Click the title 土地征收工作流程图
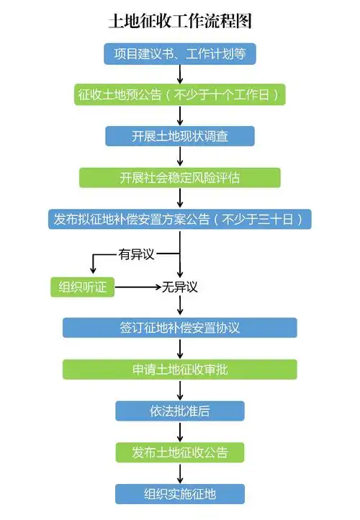[x=180, y=21]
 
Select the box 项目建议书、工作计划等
[x=180, y=53]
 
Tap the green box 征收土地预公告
[x=180, y=94]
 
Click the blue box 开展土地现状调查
[x=180, y=136]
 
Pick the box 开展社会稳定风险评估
[x=180, y=177]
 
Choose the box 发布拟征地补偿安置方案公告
[x=180, y=219]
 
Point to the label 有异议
[x=137, y=254]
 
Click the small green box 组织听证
[x=82, y=287]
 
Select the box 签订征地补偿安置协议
[x=180, y=328]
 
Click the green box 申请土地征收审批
[x=180, y=369]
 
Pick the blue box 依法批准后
[x=180, y=411]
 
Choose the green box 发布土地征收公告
[x=180, y=452]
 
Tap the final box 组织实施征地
[x=180, y=493]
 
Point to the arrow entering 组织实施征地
[x=180, y=473]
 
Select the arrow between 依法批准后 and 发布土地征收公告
[x=180, y=431]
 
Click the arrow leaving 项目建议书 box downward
[x=180, y=73]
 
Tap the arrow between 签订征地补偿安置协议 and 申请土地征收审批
[x=180, y=349]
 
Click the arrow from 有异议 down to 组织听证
[x=92, y=263]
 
